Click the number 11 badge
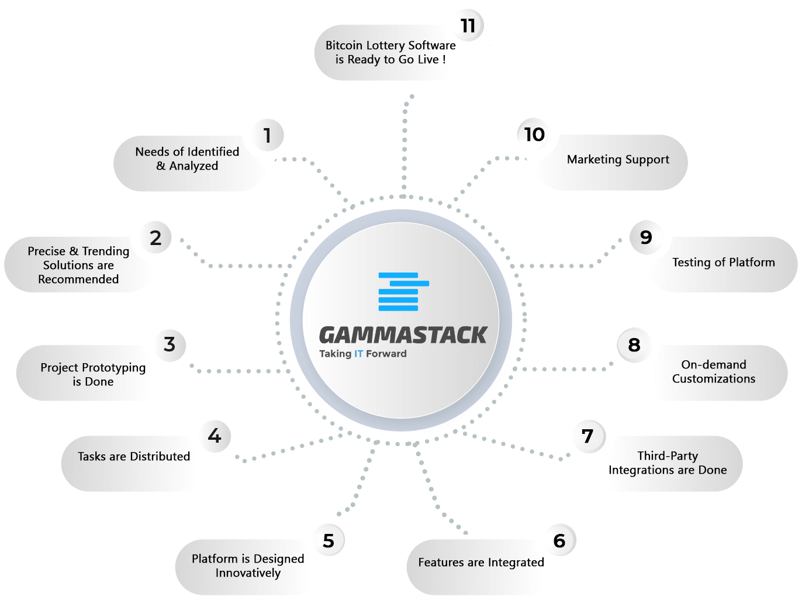pyautogui.click(x=468, y=26)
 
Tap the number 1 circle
pyautogui.click(x=268, y=135)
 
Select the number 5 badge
pyautogui.click(x=329, y=540)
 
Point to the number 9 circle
pyautogui.click(x=645, y=237)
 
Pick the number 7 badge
pyautogui.click(x=588, y=436)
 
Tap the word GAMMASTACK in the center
pyautogui.click(x=403, y=335)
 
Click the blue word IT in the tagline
pyautogui.click(x=358, y=354)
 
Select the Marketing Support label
pyautogui.click(x=618, y=160)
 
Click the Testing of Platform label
pyautogui.click(x=724, y=263)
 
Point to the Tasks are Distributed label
pyautogui.click(x=134, y=456)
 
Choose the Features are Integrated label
pyautogui.click(x=481, y=563)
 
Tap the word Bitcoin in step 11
pyautogui.click(x=344, y=45)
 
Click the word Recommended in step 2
pyautogui.click(x=78, y=279)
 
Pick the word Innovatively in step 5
pyautogui.click(x=248, y=573)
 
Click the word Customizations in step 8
pyautogui.click(x=714, y=378)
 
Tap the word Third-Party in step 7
pyautogui.click(x=668, y=456)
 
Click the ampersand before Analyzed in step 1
pyautogui.click(x=161, y=166)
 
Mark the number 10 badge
pyautogui.click(x=534, y=135)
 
